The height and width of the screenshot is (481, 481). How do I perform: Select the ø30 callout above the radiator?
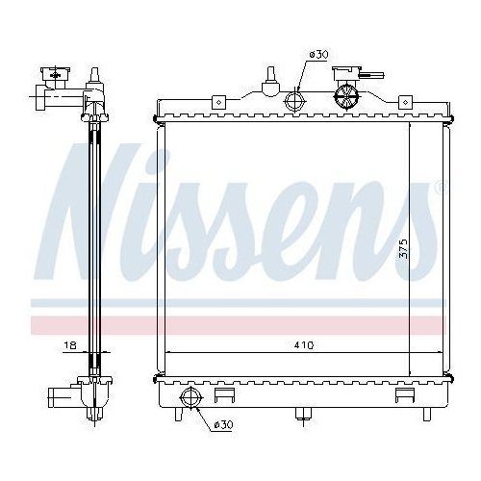tap(318, 55)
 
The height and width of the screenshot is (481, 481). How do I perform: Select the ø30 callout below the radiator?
tap(222, 424)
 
